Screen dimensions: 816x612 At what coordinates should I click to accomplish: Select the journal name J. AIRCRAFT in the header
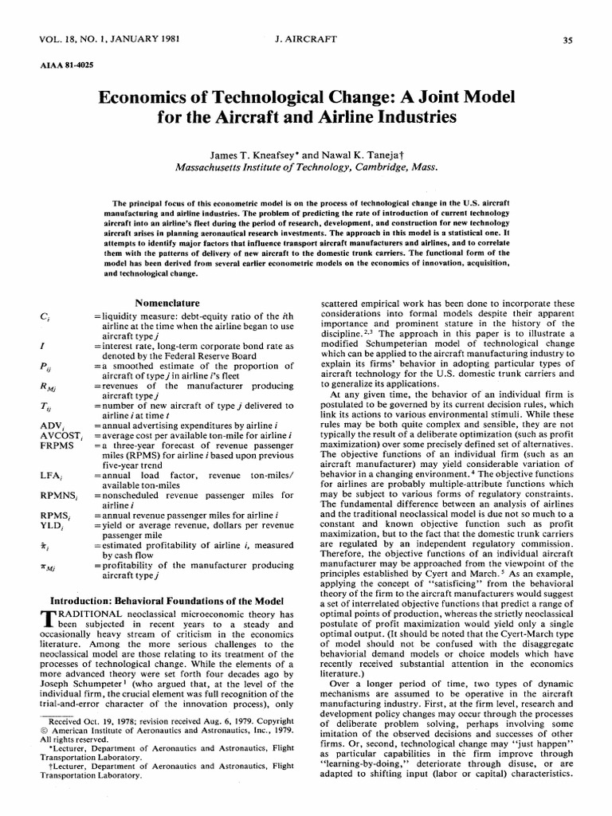coord(305,39)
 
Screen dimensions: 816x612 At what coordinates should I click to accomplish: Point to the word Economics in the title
coord(146,98)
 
